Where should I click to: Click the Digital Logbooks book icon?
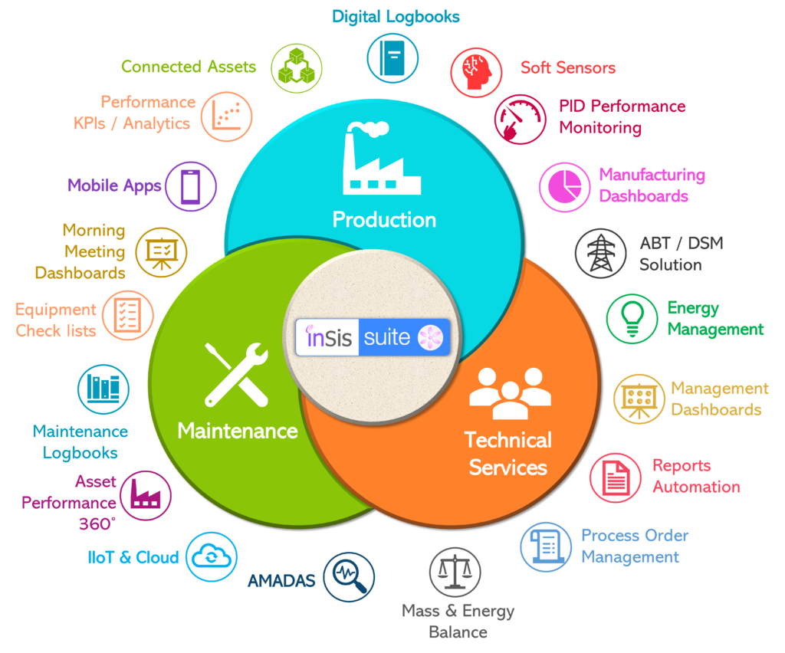coord(392,58)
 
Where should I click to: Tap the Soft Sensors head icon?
coord(475,73)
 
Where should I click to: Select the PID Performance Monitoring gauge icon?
coord(521,119)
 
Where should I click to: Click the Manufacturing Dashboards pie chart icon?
coord(565,187)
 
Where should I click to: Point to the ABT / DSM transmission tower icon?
coord(601,253)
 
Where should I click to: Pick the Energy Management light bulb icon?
coord(632,319)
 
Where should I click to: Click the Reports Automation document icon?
coord(616,477)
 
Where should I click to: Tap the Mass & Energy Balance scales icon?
coord(455,572)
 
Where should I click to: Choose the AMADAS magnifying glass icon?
coord(349,577)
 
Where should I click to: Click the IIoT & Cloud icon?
coord(212,556)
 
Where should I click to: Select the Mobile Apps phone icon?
coord(191,186)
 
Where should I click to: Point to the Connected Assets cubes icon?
coord(297,68)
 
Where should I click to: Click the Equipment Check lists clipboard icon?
coord(128,315)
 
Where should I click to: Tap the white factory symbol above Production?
coord(382,158)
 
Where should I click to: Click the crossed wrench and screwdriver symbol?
coord(236,374)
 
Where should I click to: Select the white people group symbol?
coord(510,393)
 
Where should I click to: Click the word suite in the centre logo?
coord(387,338)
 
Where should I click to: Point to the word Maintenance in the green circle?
coord(238,431)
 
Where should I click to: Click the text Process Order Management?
coord(635,546)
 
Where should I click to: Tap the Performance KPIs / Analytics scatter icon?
coord(226,116)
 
